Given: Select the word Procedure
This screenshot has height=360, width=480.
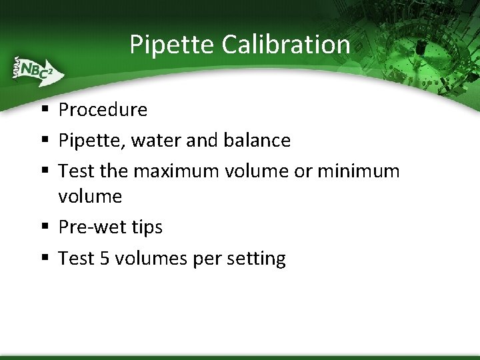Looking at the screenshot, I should tap(103, 110).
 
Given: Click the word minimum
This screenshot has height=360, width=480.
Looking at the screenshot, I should tap(358, 171).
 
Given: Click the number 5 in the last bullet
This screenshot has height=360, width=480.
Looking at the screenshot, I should tap(104, 258).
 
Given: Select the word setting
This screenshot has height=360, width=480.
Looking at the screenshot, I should tap(256, 259).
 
